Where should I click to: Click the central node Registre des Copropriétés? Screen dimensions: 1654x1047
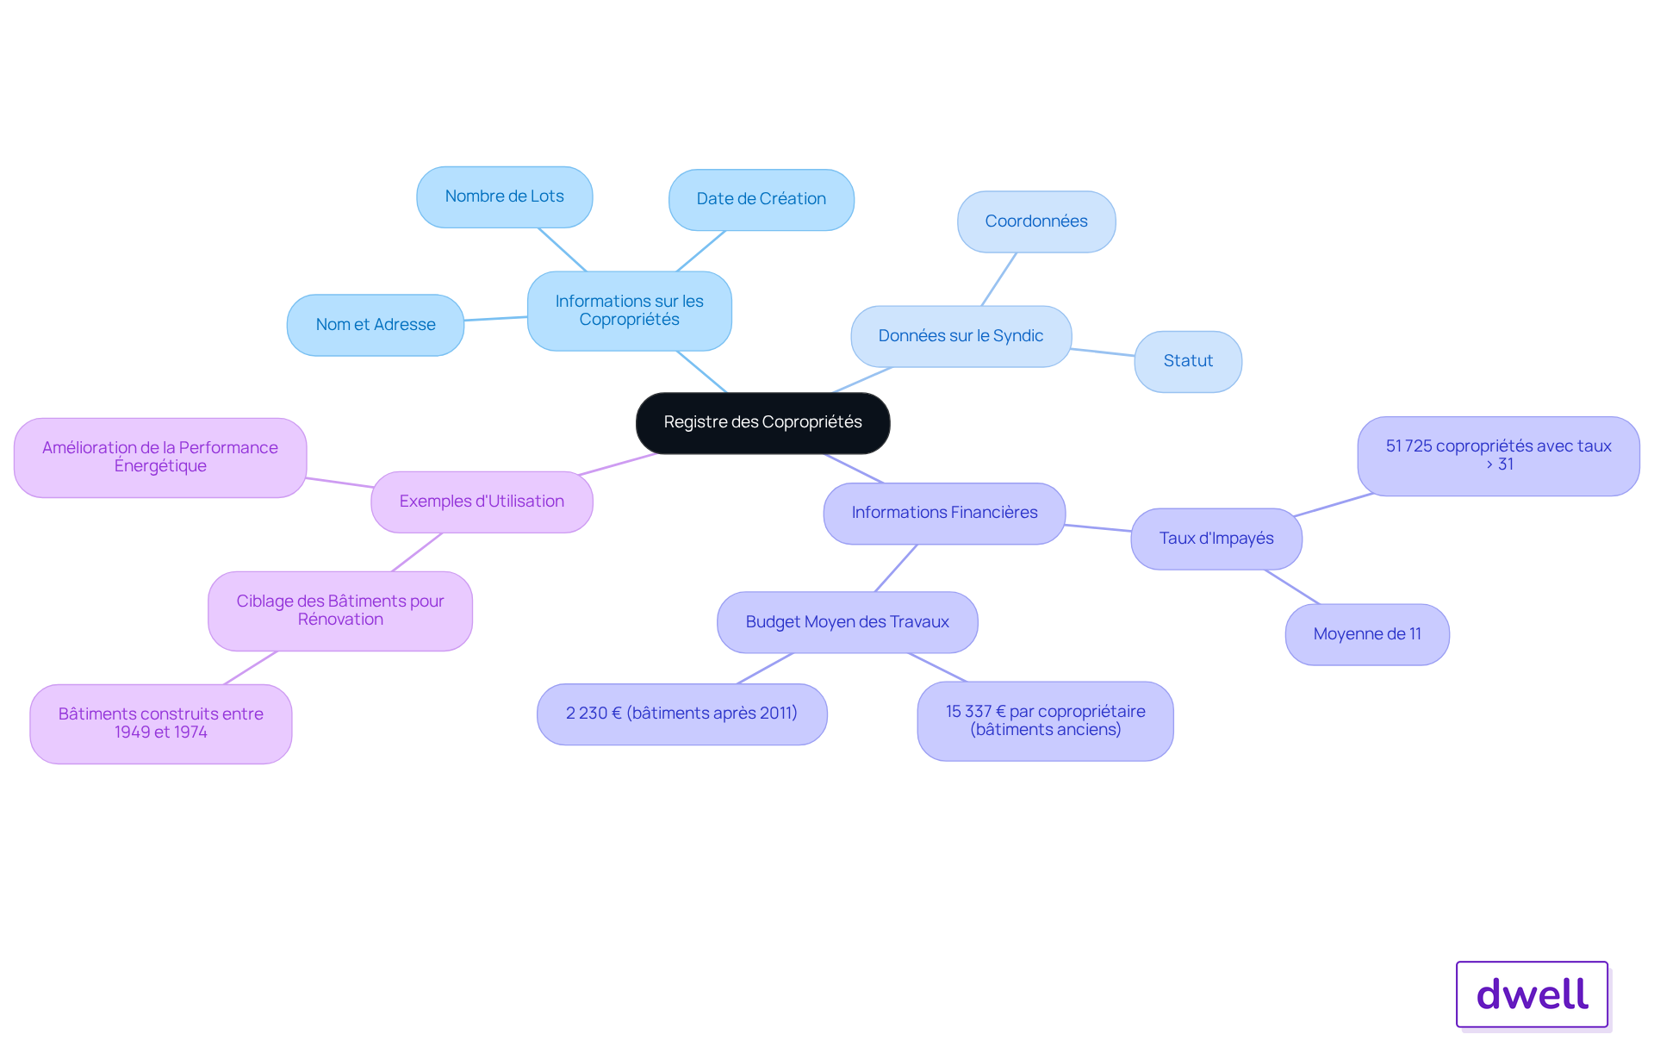pos(762,422)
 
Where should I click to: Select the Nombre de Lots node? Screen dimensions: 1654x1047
pos(505,196)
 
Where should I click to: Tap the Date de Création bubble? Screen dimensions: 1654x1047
pos(762,199)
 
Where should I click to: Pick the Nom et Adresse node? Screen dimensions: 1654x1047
pos(376,325)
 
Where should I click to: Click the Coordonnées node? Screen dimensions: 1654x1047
pos(1036,221)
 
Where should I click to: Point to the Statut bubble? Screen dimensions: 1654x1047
pos(1188,361)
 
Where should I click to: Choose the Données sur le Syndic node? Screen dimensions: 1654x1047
pos(961,336)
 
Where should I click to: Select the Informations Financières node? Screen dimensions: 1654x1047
pos(945,513)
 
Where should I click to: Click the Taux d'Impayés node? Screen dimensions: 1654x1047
pos(1216,539)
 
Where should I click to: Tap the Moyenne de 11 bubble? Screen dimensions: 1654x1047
pos(1367,634)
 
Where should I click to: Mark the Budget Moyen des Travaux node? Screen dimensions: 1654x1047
pos(848,622)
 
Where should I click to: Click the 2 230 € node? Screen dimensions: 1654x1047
pos(682,714)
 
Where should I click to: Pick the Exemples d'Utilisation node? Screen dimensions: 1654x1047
pos(482,502)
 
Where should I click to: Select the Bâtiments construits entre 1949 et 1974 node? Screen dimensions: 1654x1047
pos(161,724)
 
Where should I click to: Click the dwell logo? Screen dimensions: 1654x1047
pos(1533,994)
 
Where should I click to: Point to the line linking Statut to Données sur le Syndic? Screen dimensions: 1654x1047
pos(1104,352)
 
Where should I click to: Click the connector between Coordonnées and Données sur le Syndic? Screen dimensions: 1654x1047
pos(999,279)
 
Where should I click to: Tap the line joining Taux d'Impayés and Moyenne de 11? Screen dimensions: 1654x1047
pos(1292,587)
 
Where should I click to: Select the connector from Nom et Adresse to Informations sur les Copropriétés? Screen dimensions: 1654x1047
pos(496,319)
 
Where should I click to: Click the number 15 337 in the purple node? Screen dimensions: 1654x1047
pos(968,712)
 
